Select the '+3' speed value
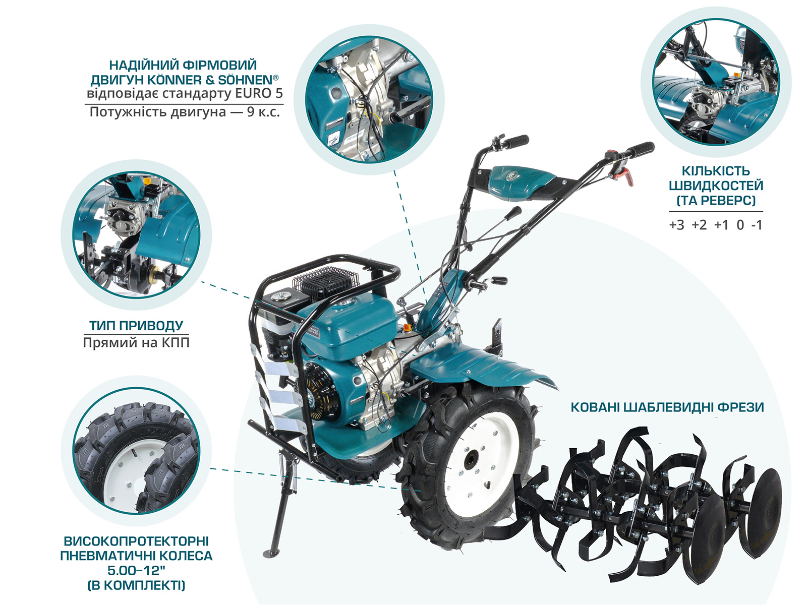(676, 225)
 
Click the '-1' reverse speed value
(756, 225)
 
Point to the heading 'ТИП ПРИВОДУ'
(136, 326)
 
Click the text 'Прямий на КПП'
(136, 343)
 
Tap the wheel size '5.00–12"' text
(136, 571)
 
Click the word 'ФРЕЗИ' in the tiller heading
(740, 407)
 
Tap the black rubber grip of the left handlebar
(516, 141)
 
